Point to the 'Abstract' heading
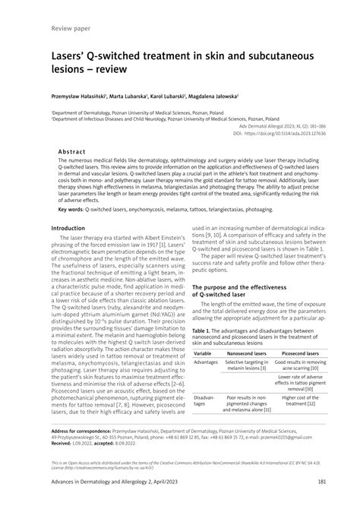tap(76, 152)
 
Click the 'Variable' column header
tap(203, 354)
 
